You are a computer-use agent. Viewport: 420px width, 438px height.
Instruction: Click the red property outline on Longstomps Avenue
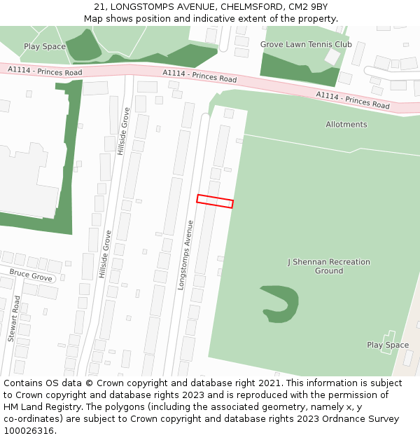pyautogui.click(x=215, y=201)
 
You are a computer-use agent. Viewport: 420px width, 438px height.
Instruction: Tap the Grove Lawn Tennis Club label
pyautogui.click(x=306, y=44)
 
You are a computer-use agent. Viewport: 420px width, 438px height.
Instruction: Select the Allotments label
pyautogui.click(x=346, y=125)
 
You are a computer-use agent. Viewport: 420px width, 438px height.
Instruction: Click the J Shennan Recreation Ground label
pyautogui.click(x=328, y=266)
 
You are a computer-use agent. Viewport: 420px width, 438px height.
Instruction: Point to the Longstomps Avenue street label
pyautogui.click(x=185, y=255)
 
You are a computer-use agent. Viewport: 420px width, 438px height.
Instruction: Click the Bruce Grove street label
pyautogui.click(x=31, y=276)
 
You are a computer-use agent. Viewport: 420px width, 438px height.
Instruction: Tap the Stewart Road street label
pyautogui.click(x=14, y=318)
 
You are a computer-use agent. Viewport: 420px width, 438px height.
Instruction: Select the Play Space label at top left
pyautogui.click(x=45, y=47)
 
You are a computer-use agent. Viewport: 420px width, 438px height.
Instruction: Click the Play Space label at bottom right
pyautogui.click(x=388, y=345)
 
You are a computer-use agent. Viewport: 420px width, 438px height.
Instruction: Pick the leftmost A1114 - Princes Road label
pyautogui.click(x=45, y=71)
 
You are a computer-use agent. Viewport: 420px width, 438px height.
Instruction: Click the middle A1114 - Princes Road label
pyautogui.click(x=199, y=76)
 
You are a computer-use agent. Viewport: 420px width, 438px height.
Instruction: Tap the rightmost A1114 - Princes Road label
pyautogui.click(x=352, y=100)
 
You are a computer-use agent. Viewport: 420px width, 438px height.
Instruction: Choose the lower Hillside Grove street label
pyautogui.click(x=104, y=254)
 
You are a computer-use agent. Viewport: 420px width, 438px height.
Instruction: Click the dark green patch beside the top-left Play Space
pyautogui.click(x=83, y=45)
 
